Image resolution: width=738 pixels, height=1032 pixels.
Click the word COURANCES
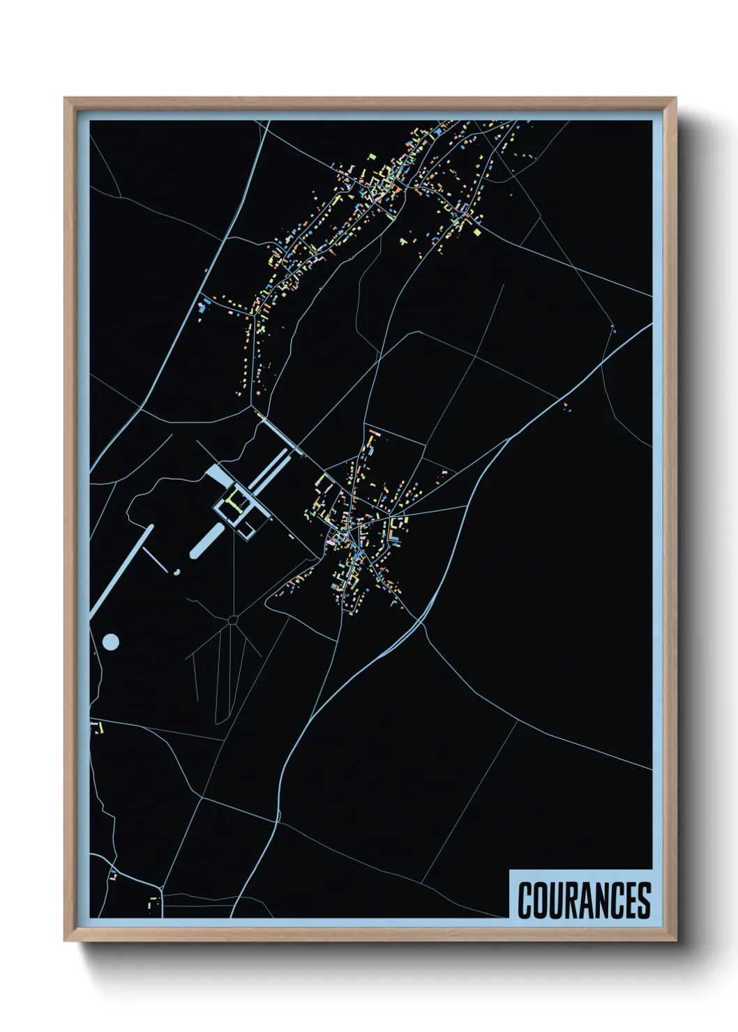coord(584,900)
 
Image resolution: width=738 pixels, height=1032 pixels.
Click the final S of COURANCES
coord(644,900)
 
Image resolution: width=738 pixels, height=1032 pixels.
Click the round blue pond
coord(110,642)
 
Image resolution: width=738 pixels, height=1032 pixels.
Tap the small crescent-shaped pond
coord(177,572)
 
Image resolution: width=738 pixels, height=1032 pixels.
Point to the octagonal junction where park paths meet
coord(233,619)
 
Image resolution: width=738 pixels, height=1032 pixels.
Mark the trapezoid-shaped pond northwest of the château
coord(218,476)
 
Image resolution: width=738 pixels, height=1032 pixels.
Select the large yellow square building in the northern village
coord(478,232)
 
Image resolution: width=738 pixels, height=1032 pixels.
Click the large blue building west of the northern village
coord(204,305)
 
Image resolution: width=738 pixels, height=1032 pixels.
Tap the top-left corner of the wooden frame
coord(65,98)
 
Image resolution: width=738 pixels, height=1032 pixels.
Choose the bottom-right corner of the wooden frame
coord(675,940)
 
